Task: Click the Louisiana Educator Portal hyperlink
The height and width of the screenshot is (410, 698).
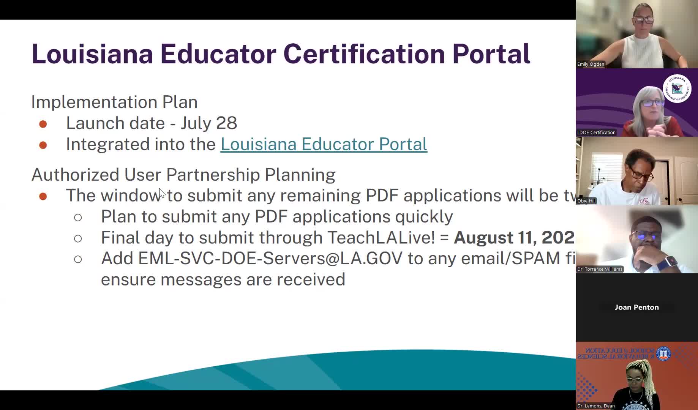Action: pos(324,144)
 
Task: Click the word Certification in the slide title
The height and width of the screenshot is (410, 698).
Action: pos(364,54)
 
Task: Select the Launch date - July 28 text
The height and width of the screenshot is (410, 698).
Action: pos(152,123)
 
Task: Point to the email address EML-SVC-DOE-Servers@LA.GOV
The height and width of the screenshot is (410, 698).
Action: pos(270,259)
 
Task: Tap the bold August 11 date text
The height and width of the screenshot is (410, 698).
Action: pos(514,238)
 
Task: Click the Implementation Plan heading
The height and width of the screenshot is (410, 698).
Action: pos(114,102)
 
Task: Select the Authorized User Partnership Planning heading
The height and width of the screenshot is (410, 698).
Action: pos(183,175)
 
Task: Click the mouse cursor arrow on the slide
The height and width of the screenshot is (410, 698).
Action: pos(162,193)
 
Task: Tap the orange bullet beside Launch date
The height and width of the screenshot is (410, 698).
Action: pos(43,124)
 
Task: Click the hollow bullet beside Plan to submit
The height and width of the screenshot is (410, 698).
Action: pos(78,218)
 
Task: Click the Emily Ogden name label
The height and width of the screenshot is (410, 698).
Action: pos(591,64)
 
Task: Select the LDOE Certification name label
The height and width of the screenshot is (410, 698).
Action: pos(596,132)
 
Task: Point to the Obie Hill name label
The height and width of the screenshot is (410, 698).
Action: pos(586,201)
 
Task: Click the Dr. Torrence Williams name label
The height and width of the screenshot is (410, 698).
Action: pos(600,269)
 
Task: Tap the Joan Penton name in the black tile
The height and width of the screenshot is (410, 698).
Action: pos(636,307)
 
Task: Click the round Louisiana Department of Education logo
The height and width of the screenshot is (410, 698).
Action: pos(677,89)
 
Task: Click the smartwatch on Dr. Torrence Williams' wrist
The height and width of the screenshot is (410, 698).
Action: pos(671,262)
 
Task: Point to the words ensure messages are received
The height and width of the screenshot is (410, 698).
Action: pos(223,280)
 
